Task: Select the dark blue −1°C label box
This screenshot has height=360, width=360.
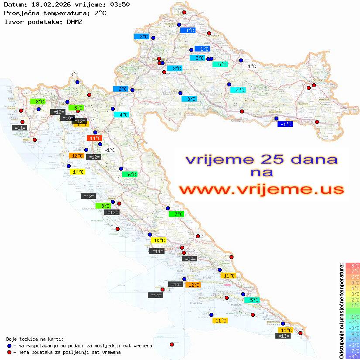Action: point(285,124)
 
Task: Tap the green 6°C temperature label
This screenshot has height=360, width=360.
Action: point(130,175)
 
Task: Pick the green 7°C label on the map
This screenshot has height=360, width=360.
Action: point(176,214)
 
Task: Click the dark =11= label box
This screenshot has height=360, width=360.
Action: point(20,128)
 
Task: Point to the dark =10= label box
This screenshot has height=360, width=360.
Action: point(67,118)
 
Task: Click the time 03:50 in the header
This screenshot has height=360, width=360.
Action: point(120,4)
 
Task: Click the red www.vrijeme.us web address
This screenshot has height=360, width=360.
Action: point(261,189)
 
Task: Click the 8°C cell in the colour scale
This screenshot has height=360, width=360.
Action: point(352,265)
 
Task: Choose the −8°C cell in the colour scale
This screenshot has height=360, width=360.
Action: point(352,356)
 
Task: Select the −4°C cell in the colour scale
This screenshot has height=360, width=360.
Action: point(352,333)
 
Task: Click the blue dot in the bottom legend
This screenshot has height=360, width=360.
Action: point(9,346)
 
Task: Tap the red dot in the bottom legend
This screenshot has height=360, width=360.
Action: point(9,352)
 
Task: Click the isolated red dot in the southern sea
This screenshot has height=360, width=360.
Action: point(171,344)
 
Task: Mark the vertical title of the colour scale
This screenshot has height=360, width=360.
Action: point(341,311)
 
